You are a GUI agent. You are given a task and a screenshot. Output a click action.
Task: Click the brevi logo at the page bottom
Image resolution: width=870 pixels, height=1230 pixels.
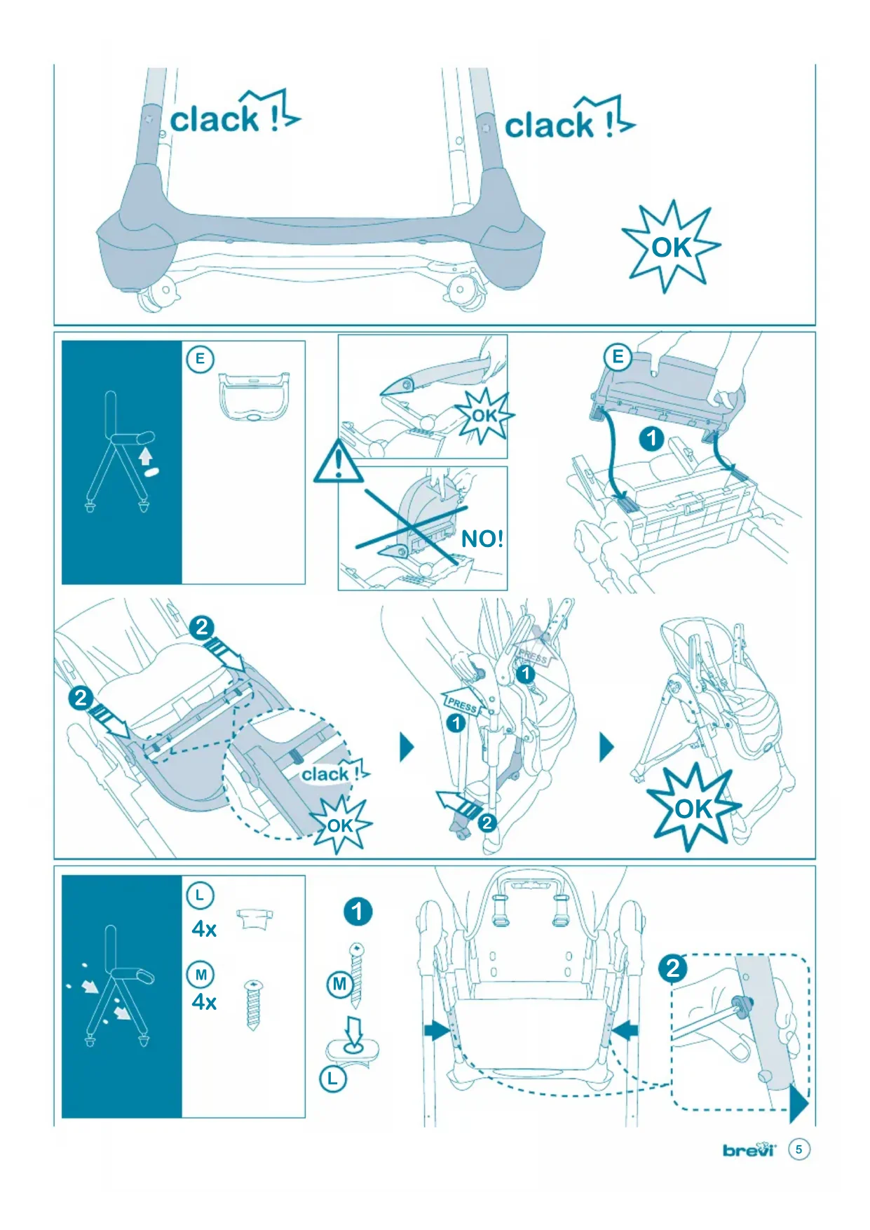point(749,1149)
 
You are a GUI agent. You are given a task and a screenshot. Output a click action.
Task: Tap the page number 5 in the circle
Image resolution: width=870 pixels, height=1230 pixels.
point(798,1149)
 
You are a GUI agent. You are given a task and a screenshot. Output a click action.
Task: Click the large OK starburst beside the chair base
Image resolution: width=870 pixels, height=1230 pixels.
point(672,247)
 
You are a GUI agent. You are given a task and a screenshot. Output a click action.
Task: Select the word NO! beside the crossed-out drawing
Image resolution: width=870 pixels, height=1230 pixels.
point(482,539)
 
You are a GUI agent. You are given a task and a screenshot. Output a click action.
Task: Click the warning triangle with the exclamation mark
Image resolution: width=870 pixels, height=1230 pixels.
point(338,463)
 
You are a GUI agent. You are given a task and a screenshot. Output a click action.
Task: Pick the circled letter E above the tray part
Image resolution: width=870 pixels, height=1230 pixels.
point(200,360)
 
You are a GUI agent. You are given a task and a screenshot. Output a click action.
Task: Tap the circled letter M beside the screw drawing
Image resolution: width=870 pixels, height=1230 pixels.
point(340,984)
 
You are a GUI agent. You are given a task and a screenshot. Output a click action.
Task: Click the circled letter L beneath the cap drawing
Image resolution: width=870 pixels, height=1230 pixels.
point(333,1079)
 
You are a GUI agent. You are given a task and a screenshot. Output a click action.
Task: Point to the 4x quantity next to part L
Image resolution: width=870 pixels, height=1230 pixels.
point(204,929)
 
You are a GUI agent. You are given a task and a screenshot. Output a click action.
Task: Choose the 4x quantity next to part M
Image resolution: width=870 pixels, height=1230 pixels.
point(204,1002)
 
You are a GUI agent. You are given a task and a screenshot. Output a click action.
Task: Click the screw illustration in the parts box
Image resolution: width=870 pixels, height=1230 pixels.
point(253,1005)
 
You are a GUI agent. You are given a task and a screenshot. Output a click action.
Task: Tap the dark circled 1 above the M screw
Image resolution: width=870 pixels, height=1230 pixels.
point(358,912)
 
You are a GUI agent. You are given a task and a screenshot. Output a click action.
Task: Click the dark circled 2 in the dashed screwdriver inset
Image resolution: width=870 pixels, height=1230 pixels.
point(673,968)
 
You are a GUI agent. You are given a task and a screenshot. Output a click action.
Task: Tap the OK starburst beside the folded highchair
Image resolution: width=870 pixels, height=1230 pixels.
point(693,808)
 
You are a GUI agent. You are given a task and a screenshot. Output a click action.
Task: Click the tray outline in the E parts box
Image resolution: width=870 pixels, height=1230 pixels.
point(254,396)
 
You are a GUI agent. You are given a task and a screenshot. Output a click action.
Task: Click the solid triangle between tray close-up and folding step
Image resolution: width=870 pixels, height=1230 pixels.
point(407,748)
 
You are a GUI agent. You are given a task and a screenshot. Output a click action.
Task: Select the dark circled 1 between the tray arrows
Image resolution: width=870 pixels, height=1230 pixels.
point(651,439)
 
